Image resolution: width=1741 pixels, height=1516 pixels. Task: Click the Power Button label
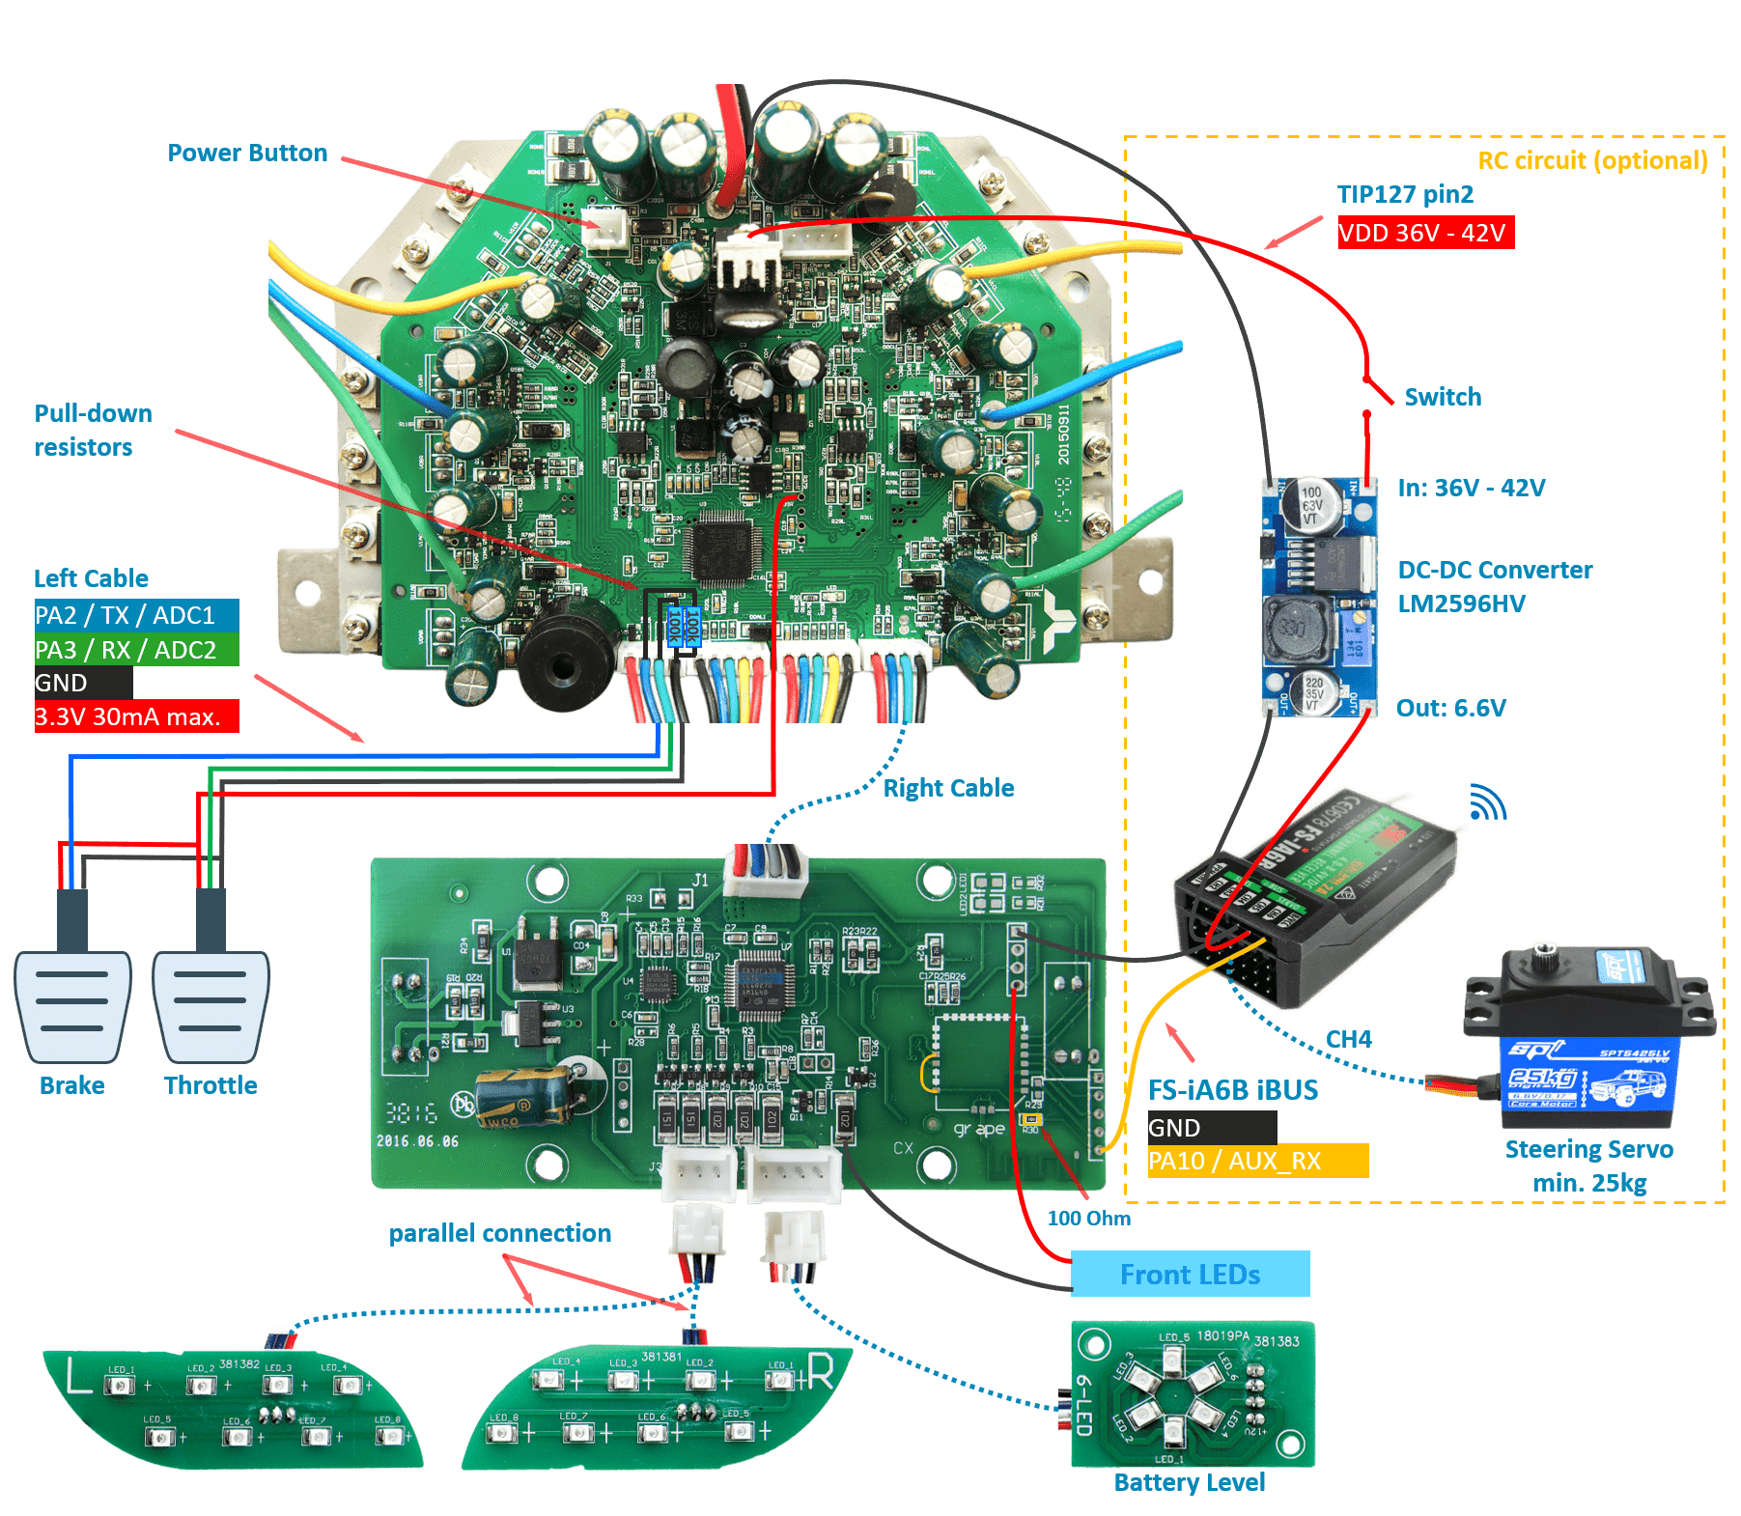[x=247, y=154]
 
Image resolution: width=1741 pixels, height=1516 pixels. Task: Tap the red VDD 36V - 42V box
[x=1425, y=233]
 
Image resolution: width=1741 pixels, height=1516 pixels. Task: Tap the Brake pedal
[x=72, y=1004]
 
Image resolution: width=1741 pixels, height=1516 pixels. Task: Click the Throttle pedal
[x=211, y=1004]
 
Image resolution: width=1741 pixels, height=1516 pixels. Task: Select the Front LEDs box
[x=1190, y=1275]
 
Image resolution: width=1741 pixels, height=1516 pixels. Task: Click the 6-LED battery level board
[x=1193, y=1393]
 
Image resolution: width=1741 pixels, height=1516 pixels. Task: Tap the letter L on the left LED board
[x=79, y=1378]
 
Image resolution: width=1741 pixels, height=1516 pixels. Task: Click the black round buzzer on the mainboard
[x=566, y=657]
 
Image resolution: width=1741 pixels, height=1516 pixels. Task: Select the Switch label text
[x=1443, y=397]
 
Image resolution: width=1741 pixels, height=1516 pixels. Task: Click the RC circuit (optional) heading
[x=1592, y=160]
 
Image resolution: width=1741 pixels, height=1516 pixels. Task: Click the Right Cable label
[x=948, y=789]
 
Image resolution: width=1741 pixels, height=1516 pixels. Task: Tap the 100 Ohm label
[x=1088, y=1219]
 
